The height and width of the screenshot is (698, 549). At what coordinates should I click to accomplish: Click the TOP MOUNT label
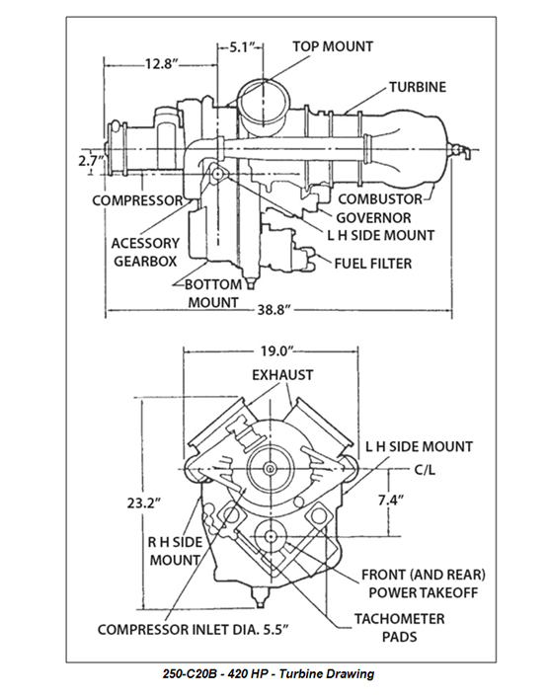(x=333, y=46)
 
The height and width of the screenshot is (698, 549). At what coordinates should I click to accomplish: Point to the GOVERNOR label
(x=373, y=217)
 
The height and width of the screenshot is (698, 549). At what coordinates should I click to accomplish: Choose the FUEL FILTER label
(x=372, y=264)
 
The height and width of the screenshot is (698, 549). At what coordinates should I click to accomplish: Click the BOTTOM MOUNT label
(x=213, y=292)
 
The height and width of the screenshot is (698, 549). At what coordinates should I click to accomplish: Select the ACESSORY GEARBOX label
(x=145, y=252)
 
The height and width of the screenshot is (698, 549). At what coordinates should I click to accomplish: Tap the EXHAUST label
(x=282, y=375)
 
